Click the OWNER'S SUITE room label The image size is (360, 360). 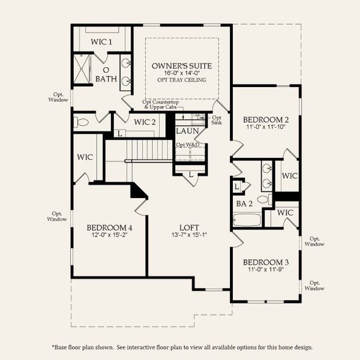click(x=182, y=65)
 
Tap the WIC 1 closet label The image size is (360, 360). click(x=101, y=41)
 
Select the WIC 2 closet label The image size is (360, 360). click(x=145, y=122)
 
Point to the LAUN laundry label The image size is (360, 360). click(x=187, y=131)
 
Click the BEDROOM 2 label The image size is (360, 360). click(x=266, y=118)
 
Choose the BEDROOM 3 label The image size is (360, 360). click(x=266, y=262)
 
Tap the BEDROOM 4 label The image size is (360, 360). click(x=109, y=227)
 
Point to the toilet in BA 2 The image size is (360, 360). click(x=264, y=199)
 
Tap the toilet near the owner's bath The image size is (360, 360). click(x=82, y=122)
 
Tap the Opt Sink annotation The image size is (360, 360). click(x=217, y=121)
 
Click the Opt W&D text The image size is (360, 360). click(x=187, y=145)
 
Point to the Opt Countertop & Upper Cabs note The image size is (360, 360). click(x=163, y=104)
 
